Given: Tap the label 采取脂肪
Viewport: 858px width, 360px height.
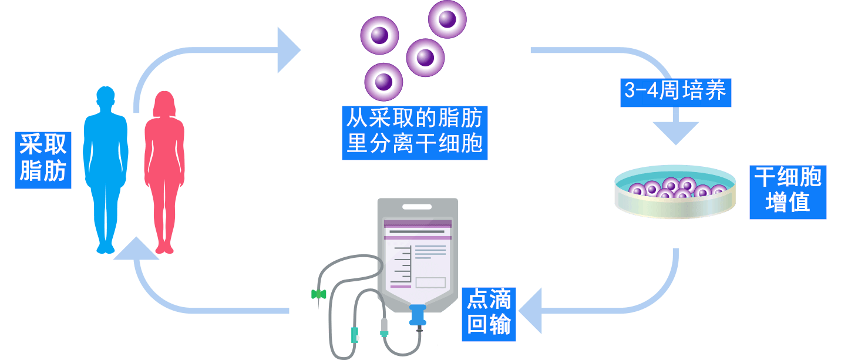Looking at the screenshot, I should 43,159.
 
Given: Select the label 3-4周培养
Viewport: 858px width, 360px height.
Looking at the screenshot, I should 675,92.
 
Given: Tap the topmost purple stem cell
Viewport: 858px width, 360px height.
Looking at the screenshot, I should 447,19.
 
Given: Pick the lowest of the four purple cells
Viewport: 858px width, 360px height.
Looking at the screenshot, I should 383,82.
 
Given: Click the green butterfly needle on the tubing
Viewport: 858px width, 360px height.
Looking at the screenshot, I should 318,294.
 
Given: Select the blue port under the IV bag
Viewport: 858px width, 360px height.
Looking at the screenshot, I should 418,315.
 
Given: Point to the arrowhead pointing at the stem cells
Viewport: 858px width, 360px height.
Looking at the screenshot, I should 288,51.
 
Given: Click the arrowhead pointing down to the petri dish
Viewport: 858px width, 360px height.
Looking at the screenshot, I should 676,133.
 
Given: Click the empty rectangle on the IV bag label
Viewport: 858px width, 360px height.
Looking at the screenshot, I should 430,282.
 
